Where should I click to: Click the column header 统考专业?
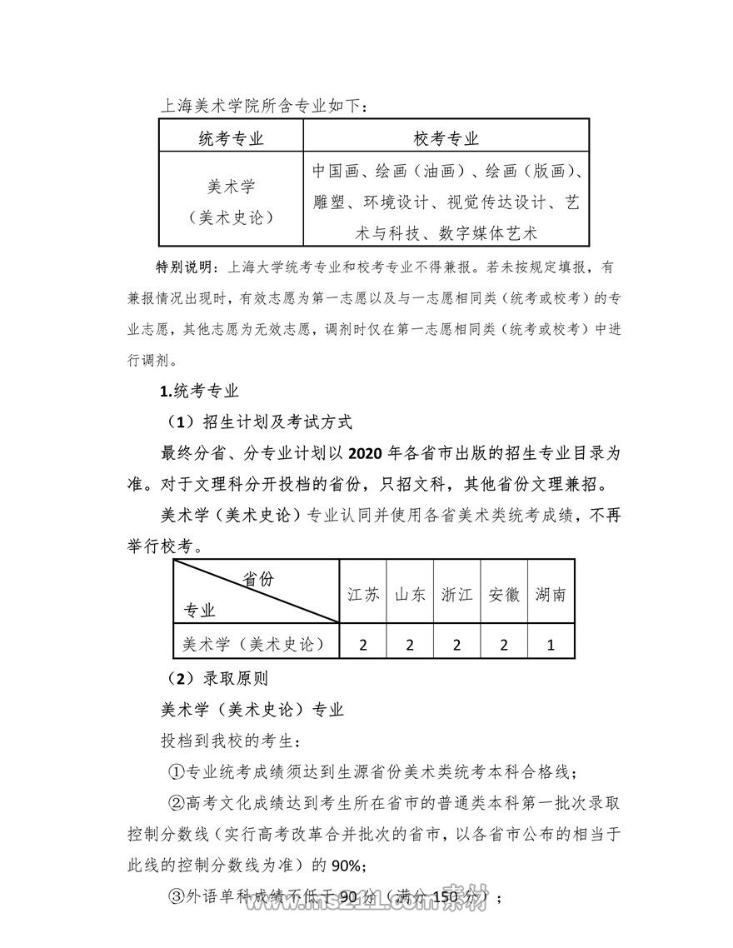(x=231, y=137)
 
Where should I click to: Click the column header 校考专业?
(x=446, y=137)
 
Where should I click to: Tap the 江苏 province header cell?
(x=363, y=594)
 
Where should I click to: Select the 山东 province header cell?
(x=410, y=594)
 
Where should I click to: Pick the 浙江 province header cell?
(x=456, y=594)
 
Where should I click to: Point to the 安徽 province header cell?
(x=504, y=594)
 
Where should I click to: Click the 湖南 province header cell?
(x=551, y=594)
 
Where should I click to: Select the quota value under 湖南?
(x=551, y=644)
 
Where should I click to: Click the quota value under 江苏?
(x=363, y=644)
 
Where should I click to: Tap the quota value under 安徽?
(x=504, y=644)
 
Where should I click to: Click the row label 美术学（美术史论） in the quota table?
(x=253, y=644)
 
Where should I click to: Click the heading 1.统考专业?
(x=199, y=392)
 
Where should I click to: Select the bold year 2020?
(x=367, y=452)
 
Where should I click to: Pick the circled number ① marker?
(x=176, y=771)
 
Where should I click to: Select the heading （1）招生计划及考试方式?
(x=259, y=422)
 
